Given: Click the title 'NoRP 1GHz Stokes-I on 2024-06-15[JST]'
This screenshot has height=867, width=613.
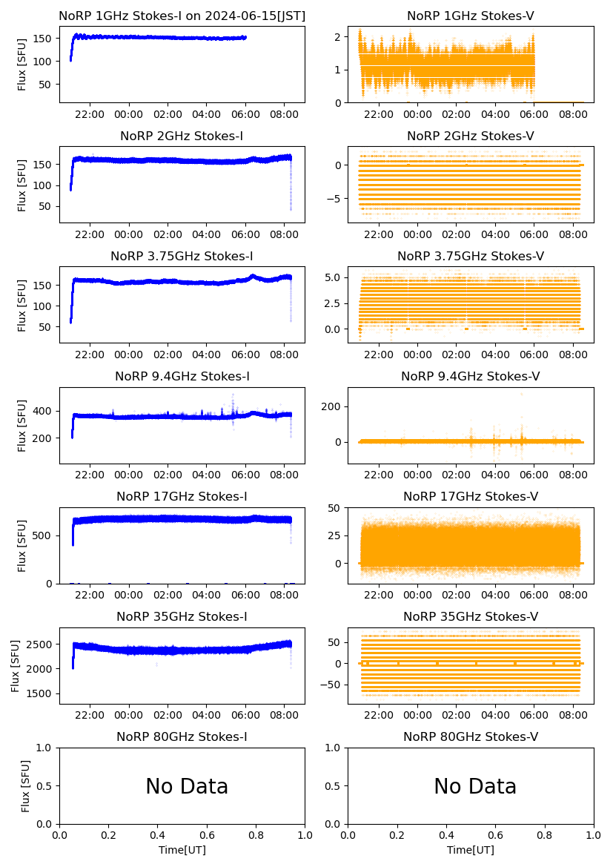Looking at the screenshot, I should click(182, 16).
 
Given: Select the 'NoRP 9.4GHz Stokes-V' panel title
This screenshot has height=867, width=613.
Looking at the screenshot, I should click(471, 377).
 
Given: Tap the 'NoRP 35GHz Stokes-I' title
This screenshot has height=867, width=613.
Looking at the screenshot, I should click(182, 617).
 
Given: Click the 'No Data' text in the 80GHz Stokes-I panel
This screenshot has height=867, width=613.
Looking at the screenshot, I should click(187, 786).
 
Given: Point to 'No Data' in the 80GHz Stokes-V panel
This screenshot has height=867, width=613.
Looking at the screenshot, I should click(475, 786).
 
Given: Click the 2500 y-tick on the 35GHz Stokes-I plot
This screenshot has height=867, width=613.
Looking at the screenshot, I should click(42, 644).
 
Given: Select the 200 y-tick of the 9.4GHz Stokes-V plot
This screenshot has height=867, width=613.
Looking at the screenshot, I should click(333, 406).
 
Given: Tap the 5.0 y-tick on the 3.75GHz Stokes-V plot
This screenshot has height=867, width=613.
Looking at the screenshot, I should click(331, 277).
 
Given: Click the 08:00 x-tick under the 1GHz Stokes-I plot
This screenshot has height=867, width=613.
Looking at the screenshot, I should click(285, 115).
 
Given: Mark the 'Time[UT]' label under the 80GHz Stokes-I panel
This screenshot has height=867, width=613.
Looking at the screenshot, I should click(182, 850).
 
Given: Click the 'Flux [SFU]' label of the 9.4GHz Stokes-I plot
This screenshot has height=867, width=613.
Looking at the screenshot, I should click(22, 426).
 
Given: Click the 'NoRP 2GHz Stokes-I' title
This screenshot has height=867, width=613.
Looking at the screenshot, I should click(182, 136).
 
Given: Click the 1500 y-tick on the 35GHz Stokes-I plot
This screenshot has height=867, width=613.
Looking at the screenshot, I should click(42, 693).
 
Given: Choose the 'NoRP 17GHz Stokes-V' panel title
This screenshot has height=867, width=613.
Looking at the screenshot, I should click(471, 497).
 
